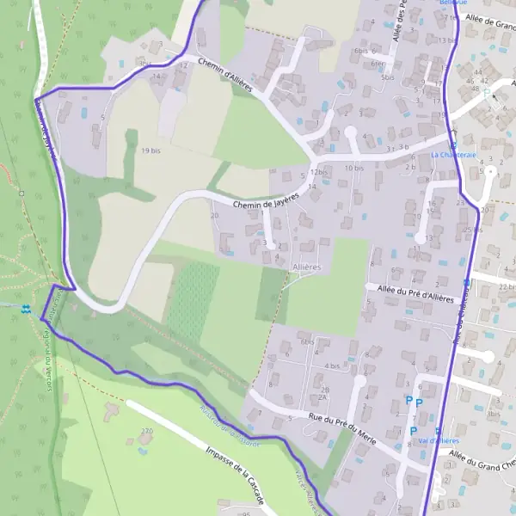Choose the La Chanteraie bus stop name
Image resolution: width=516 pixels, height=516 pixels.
[x=446, y=155]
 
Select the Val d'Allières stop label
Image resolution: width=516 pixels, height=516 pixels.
[x=438, y=440]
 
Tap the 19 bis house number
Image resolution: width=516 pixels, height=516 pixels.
[x=150, y=150]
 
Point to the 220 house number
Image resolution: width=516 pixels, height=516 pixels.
[x=146, y=430]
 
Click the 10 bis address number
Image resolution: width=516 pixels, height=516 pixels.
[x=353, y=168]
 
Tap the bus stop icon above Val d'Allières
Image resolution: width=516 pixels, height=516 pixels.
[x=439, y=430]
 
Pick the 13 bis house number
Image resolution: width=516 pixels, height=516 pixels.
[x=446, y=40]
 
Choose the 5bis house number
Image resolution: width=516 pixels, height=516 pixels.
[x=387, y=77]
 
